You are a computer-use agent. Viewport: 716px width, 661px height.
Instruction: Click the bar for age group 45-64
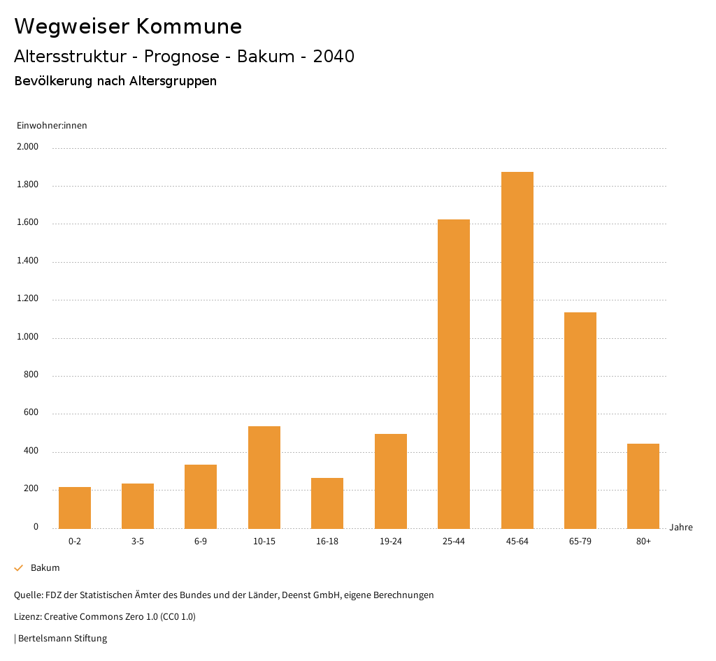tap(517, 349)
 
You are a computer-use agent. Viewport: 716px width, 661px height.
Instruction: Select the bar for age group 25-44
tap(454, 374)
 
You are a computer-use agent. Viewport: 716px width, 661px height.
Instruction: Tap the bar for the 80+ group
tap(643, 486)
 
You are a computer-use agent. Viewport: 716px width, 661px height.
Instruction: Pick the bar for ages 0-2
tap(75, 507)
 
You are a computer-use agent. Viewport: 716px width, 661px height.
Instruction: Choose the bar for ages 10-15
tap(264, 477)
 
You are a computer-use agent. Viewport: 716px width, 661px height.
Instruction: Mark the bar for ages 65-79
tap(580, 420)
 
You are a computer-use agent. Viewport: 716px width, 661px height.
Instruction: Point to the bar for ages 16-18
tap(327, 503)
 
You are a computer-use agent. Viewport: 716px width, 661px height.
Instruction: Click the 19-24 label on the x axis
tap(391, 542)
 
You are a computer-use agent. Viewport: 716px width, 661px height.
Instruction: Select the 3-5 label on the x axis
tap(138, 542)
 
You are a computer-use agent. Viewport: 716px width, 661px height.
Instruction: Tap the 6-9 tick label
tap(201, 542)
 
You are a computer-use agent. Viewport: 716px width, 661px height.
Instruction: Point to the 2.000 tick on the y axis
tap(29, 147)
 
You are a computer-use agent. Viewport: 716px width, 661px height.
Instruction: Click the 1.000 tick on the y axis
tap(29, 337)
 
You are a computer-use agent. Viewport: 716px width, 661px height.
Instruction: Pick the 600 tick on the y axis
tap(31, 414)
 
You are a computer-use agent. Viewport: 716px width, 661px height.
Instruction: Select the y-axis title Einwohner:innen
tap(52, 126)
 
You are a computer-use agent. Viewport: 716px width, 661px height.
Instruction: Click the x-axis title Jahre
tap(681, 528)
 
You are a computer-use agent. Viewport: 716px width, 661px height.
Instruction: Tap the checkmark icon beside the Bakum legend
tap(19, 568)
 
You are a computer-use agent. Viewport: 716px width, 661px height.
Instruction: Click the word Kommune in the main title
tap(189, 27)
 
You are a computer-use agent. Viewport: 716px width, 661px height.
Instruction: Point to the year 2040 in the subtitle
tap(334, 57)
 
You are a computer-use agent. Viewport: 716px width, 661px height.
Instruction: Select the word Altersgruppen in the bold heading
tap(173, 81)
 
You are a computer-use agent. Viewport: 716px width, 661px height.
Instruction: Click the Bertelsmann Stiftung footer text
tap(62, 639)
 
